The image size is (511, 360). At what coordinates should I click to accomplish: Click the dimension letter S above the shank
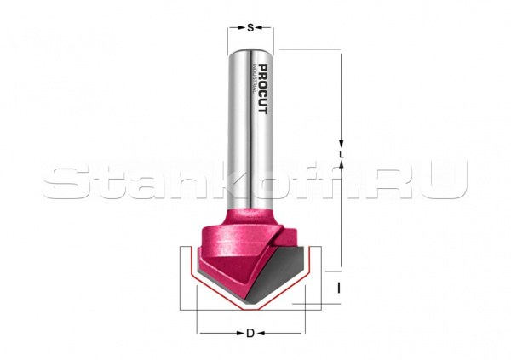tap(250, 28)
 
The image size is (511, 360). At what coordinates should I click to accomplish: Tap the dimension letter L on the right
tap(341, 156)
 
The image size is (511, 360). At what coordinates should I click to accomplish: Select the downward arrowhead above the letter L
tap(341, 143)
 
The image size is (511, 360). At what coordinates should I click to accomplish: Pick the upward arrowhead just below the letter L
tap(341, 169)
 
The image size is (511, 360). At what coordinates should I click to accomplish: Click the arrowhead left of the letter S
tap(233, 28)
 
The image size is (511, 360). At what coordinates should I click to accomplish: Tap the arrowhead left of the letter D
tap(202, 332)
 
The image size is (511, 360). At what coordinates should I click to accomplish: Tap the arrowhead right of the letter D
tap(301, 332)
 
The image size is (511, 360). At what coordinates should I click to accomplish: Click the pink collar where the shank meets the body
tap(249, 213)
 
